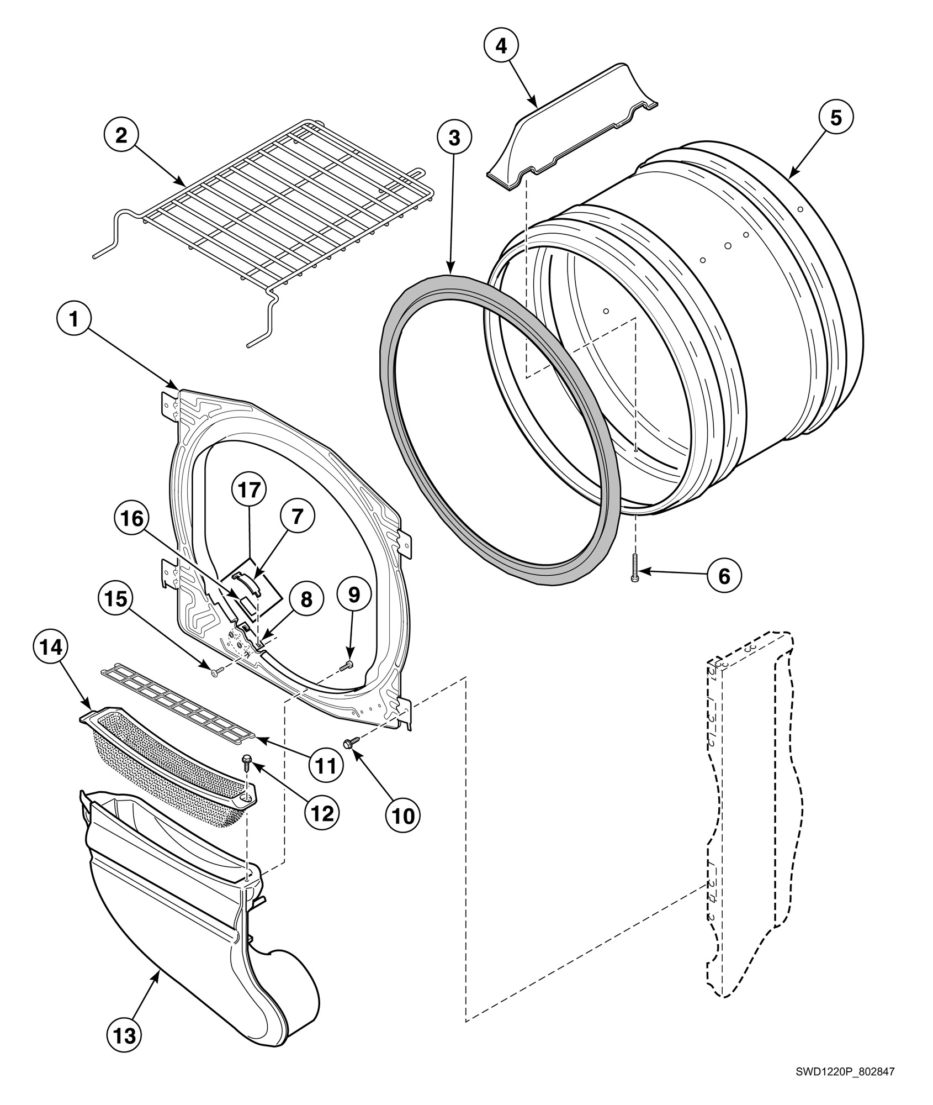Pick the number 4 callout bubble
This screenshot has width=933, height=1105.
(501, 46)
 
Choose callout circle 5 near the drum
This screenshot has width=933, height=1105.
(836, 118)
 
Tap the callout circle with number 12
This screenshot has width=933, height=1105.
(322, 813)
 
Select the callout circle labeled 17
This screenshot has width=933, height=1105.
(248, 490)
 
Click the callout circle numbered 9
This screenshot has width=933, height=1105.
(353, 594)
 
